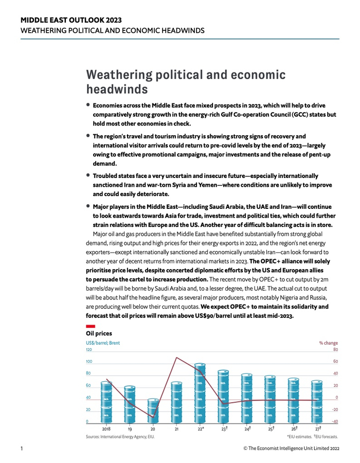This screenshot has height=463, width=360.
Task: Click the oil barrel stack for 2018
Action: [x=106, y=401]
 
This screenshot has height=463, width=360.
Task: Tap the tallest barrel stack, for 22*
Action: [x=201, y=393]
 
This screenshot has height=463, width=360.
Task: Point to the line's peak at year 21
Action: [x=177, y=358]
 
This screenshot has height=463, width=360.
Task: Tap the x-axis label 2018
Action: [x=106, y=429]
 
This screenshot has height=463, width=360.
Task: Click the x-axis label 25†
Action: [x=271, y=429]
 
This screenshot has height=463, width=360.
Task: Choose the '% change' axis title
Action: [x=328, y=343]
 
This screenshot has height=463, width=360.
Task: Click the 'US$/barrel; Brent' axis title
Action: [x=103, y=343]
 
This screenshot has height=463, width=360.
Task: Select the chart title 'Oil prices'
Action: [x=99, y=334]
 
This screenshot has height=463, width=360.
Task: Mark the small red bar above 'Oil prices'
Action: [x=90, y=326]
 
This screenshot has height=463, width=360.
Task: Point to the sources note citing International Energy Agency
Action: [x=120, y=437]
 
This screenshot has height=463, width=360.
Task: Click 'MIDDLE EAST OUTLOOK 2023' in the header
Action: [x=71, y=20]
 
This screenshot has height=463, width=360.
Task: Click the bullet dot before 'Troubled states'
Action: [x=88, y=175]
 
